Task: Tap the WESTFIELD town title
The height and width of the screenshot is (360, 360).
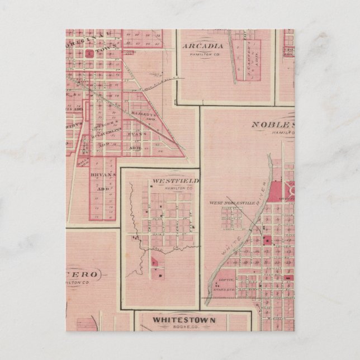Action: pyautogui.click(x=174, y=182)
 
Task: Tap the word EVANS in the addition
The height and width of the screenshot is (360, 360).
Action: pyautogui.click(x=139, y=135)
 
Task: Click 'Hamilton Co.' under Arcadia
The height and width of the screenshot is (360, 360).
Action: pyautogui.click(x=203, y=54)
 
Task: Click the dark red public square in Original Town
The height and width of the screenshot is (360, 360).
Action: pyautogui.click(x=89, y=54)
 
